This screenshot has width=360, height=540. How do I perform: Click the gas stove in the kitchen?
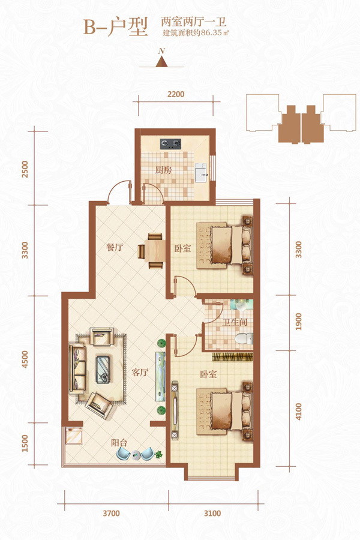[x=170, y=143]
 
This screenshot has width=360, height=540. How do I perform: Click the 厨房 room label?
[x=163, y=170]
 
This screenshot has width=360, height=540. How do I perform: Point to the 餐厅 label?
[x=115, y=247]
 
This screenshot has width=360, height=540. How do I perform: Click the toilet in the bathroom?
[x=244, y=338]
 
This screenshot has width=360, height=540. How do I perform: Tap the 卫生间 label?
[x=235, y=323]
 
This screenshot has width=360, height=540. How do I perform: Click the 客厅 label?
[x=140, y=372]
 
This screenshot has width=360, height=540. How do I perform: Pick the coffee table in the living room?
[x=103, y=369]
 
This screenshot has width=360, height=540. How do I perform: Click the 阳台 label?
[x=119, y=443]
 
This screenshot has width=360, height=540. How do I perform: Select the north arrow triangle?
[x=161, y=61]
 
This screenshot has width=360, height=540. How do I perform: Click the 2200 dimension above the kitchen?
[x=176, y=94]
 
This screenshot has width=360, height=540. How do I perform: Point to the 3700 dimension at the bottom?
[x=111, y=514]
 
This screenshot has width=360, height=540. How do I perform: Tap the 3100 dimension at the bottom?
[x=212, y=514]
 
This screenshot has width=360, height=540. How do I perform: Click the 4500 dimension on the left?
[x=25, y=359]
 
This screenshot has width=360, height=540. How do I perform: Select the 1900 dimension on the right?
[x=299, y=322]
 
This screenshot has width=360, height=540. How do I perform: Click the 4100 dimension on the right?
[x=299, y=412]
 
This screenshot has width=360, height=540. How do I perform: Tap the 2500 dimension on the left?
[x=25, y=169]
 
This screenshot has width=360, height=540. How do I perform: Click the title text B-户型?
[x=116, y=27]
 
